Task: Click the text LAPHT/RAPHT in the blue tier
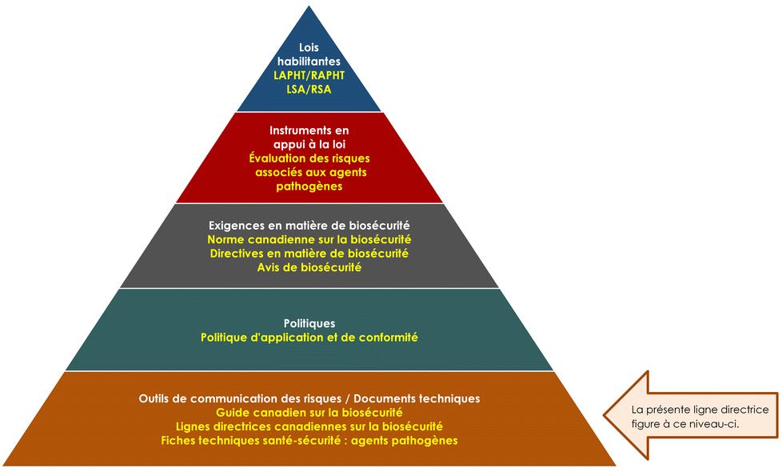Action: coord(309,75)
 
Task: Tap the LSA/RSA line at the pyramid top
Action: coord(309,89)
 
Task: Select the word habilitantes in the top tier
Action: coord(309,62)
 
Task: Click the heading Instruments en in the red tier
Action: coord(309,130)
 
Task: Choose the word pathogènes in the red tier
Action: coord(309,186)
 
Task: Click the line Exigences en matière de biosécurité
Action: coord(309,225)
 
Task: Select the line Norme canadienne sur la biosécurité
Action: coord(309,239)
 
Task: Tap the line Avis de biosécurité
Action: coord(309,267)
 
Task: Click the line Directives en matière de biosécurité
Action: coord(309,253)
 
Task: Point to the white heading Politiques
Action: coord(309,323)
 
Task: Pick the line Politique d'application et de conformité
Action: coord(309,338)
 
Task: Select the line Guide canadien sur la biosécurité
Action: coord(309,412)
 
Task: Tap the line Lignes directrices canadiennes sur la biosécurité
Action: coord(309,426)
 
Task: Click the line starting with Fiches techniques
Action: coord(309,440)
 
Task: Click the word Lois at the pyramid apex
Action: coord(309,48)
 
